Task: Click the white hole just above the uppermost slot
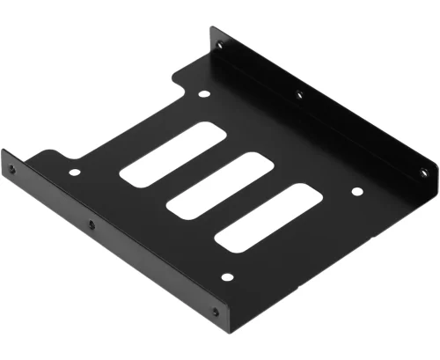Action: coord(204,94)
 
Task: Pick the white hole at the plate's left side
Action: coord(74,173)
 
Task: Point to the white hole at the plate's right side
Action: coord(356,191)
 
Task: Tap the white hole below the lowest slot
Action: coord(227,277)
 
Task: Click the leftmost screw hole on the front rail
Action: coord(11,169)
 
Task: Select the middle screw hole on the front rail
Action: coord(91,224)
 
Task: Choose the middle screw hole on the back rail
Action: coord(298,93)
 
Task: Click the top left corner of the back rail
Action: coord(211,28)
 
